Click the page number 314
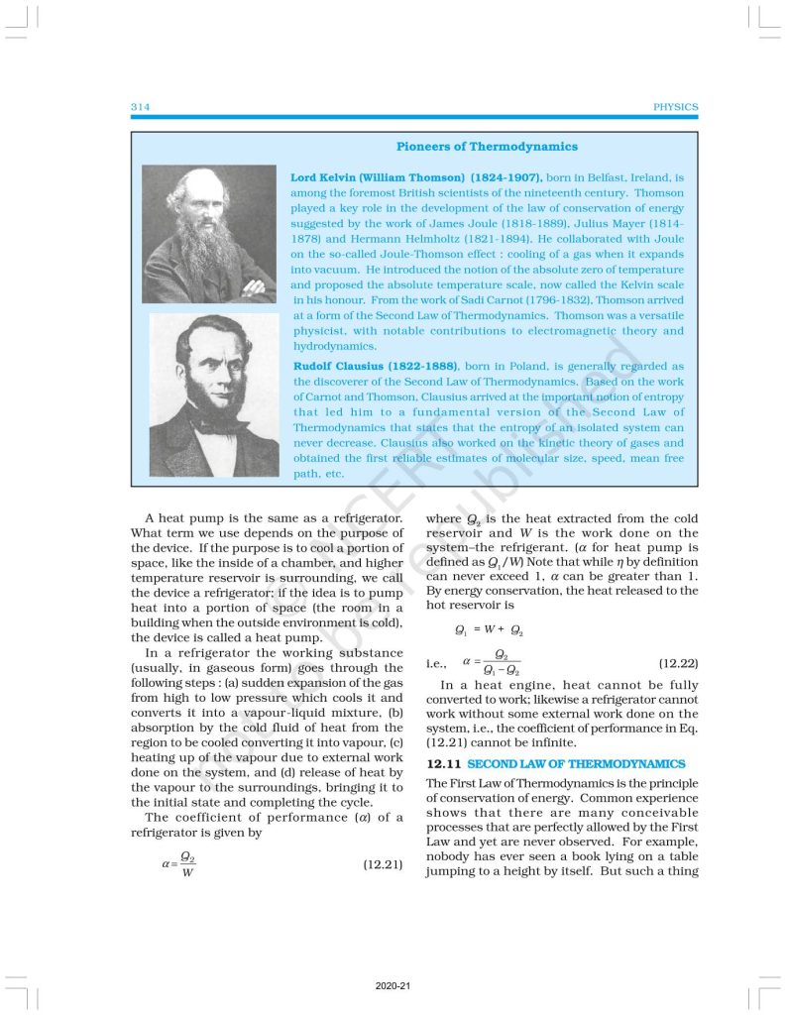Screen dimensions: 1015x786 (x=140, y=107)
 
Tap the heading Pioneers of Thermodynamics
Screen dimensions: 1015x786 (x=487, y=147)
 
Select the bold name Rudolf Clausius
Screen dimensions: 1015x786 (x=337, y=366)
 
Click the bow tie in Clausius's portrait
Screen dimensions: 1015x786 (x=212, y=417)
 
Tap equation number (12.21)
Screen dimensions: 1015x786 (x=383, y=864)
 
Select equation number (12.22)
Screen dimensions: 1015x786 (x=678, y=660)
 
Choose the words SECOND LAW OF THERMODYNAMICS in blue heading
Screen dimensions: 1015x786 (x=576, y=764)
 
